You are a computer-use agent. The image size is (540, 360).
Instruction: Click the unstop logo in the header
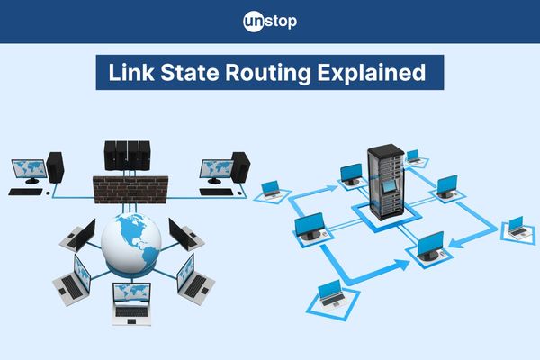point(269,21)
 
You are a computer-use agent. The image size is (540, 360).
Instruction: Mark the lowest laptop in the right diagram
point(331,292)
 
